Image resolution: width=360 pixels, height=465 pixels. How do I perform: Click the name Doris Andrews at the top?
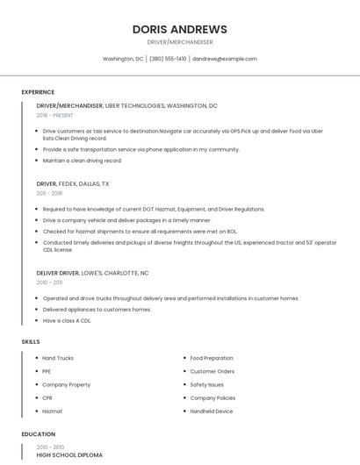pos(180,29)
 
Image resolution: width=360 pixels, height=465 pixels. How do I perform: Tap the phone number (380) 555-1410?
pos(168,59)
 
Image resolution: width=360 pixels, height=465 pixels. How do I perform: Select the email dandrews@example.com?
pos(225,59)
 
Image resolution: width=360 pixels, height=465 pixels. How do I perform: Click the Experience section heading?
pos(38,92)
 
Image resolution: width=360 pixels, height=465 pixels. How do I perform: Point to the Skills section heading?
pos(31,341)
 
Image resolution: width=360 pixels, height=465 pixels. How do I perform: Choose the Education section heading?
pos(38,434)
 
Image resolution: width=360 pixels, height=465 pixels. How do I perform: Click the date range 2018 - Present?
pos(55,115)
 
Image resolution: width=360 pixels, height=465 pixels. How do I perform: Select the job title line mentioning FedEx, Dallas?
pos(73,184)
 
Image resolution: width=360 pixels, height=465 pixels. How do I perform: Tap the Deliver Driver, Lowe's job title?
pos(92,273)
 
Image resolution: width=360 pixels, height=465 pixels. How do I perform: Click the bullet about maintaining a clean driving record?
pos(83,161)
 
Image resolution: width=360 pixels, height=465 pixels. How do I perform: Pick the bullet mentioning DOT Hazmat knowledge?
pos(154,210)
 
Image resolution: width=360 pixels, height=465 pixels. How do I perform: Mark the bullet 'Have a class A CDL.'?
pos(67,320)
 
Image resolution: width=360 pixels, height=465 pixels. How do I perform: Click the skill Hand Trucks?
pos(58,358)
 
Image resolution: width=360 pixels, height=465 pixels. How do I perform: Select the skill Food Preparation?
pos(212,358)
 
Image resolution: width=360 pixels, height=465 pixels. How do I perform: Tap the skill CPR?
pos(47,398)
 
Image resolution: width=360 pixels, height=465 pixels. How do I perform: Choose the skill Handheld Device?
pos(212,411)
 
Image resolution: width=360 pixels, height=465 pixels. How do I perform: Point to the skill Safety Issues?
pos(207,384)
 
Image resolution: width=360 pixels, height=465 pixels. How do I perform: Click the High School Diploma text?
pos(69,455)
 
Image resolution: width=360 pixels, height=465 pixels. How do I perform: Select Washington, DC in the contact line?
pos(123,59)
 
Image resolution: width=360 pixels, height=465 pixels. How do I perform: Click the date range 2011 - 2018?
pos(49,193)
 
